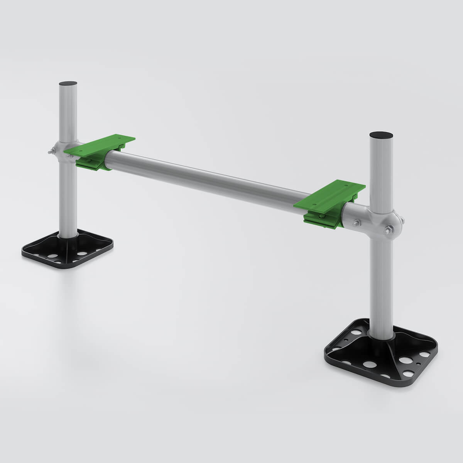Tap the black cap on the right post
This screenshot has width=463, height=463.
pos(381,135)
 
